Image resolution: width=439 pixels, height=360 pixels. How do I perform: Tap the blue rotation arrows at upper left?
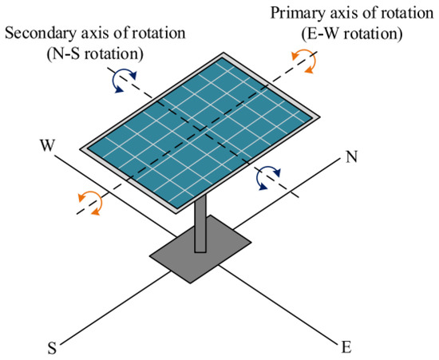[118, 79]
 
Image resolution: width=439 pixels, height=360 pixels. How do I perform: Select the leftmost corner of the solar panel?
[81, 148]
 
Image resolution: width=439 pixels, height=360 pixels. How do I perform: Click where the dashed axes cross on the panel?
[197, 133]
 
